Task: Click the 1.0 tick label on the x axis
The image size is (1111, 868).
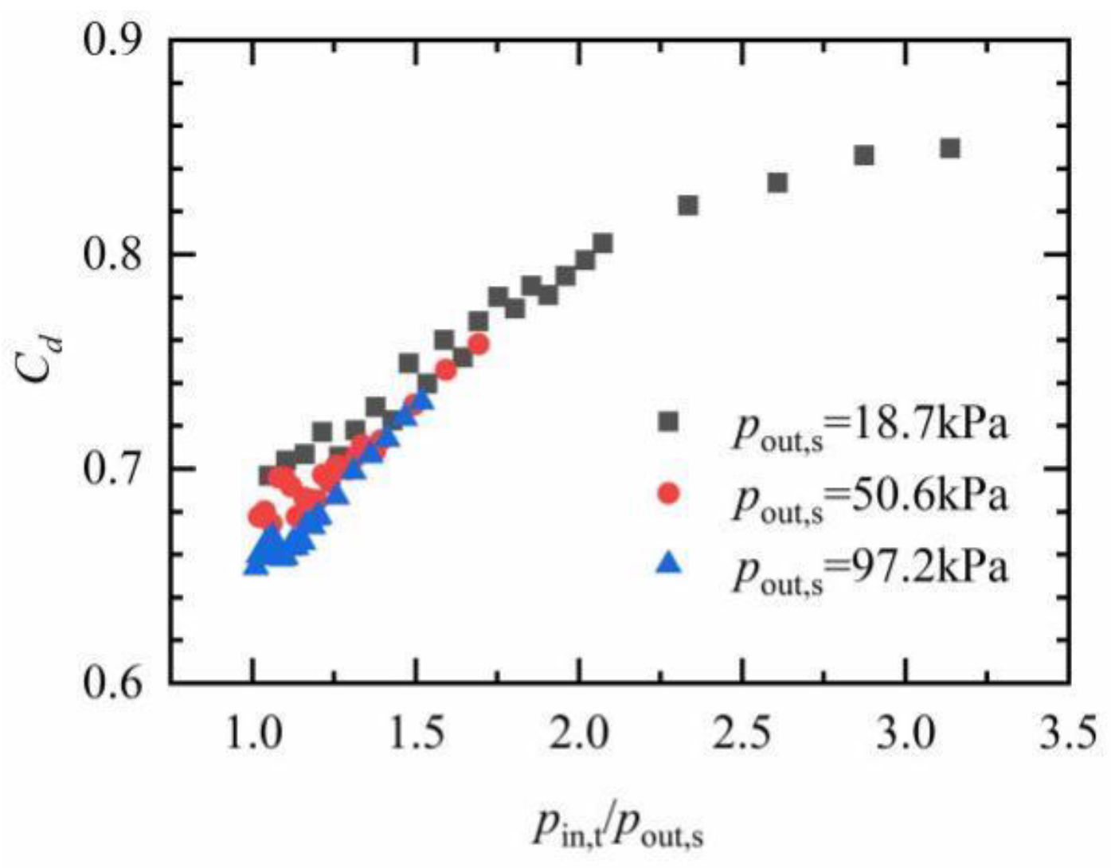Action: (x=253, y=734)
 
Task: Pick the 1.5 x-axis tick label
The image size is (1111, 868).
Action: (x=416, y=734)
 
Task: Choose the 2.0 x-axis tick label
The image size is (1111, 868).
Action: (x=579, y=734)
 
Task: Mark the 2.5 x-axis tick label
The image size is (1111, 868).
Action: (x=742, y=734)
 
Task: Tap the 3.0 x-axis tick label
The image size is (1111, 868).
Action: (x=906, y=734)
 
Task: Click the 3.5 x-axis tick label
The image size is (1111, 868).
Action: (x=1068, y=734)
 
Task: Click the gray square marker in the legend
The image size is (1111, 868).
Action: (x=669, y=421)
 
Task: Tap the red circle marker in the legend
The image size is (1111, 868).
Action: (x=669, y=494)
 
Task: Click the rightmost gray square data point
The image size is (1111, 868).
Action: (x=949, y=148)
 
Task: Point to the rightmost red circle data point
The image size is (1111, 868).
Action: (x=479, y=344)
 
